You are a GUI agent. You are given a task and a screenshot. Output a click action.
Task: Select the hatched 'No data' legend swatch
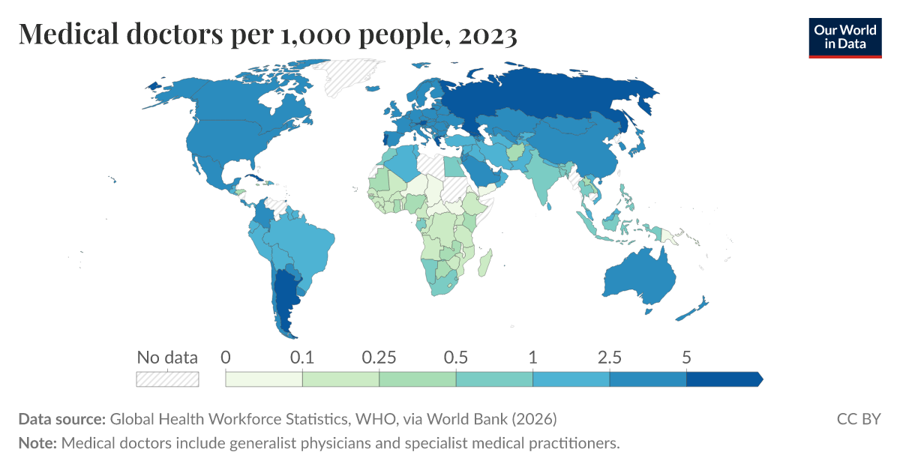point(167,379)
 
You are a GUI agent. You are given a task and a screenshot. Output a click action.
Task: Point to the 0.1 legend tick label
point(302,358)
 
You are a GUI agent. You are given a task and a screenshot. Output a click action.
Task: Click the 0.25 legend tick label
point(379,358)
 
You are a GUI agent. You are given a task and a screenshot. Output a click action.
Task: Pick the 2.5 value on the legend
point(610,358)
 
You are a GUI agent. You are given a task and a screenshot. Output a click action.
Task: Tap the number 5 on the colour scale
point(686,358)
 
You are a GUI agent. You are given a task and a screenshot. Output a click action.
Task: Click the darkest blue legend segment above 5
point(723,379)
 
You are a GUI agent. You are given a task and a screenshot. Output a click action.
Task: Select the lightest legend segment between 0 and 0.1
point(264,379)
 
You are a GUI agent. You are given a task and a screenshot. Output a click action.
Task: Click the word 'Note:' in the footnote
point(37,443)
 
